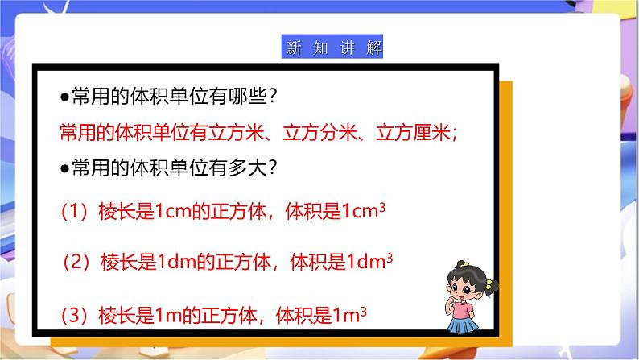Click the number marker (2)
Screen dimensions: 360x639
click(81, 263)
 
